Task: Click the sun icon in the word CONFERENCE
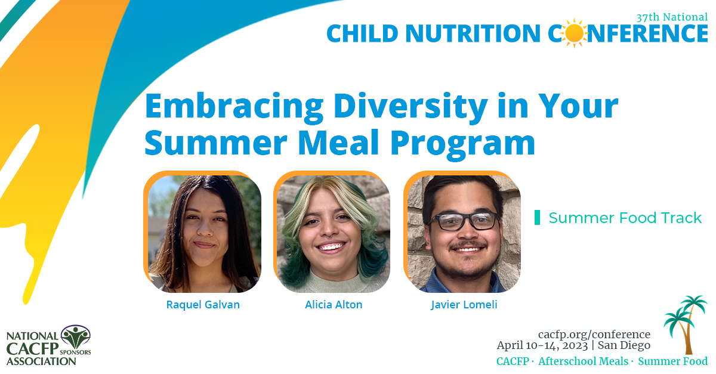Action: pos(575,33)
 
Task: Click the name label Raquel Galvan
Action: pos(202,305)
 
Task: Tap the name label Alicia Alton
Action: pos(334,305)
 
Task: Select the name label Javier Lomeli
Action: pos(464,305)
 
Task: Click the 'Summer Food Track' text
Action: pos(625,218)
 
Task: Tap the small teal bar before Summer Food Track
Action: pos(537,218)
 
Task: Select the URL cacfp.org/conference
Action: pos(594,334)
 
